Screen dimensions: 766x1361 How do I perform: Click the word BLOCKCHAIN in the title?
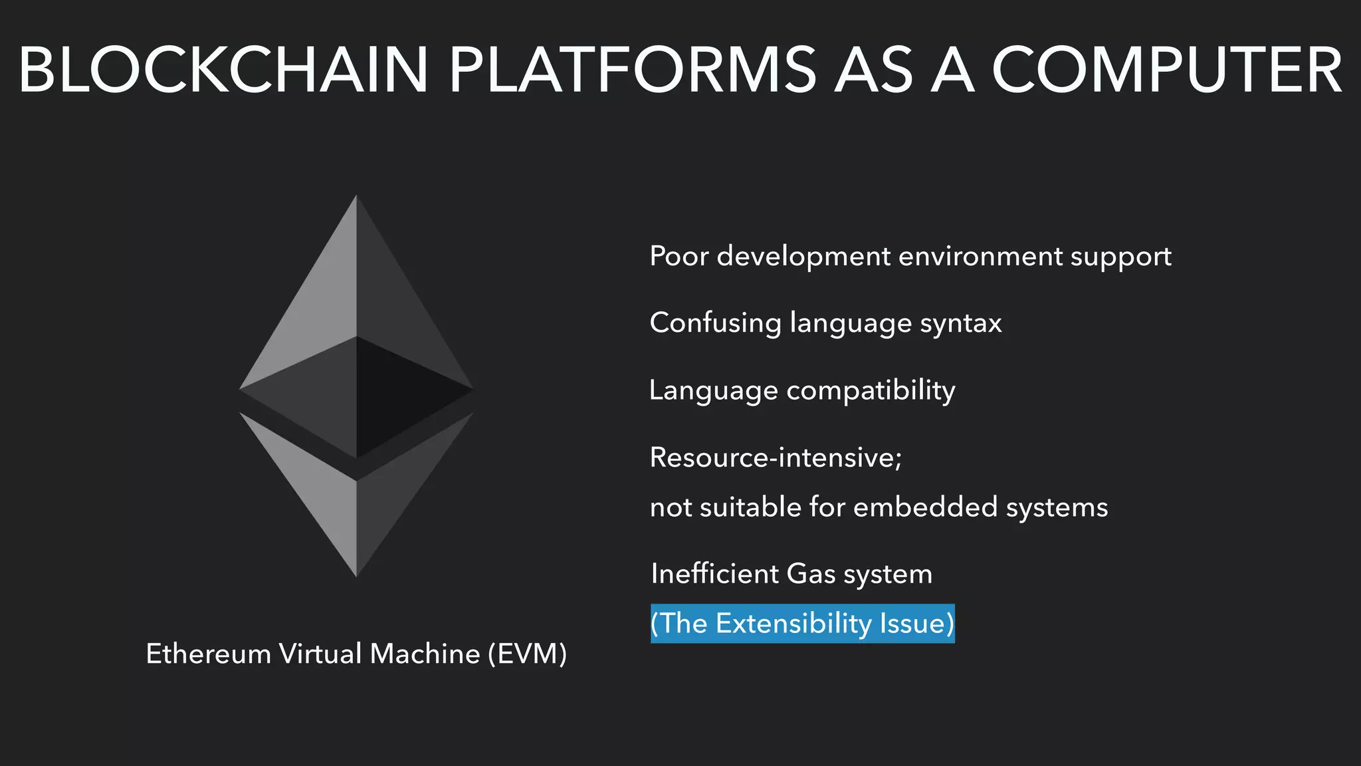(x=223, y=70)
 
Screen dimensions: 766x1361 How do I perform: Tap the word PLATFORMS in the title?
(x=632, y=70)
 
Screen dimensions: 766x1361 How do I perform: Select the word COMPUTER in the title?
(x=1167, y=70)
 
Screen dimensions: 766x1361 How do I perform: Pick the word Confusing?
(x=715, y=323)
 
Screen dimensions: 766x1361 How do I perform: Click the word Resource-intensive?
(x=776, y=457)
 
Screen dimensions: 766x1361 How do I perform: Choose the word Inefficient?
(x=714, y=574)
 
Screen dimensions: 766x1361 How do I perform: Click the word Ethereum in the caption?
(x=208, y=654)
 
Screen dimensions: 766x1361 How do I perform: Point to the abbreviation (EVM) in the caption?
(x=527, y=654)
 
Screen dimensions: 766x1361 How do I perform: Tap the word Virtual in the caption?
(x=320, y=654)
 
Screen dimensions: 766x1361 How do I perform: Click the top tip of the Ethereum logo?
(x=356, y=197)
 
